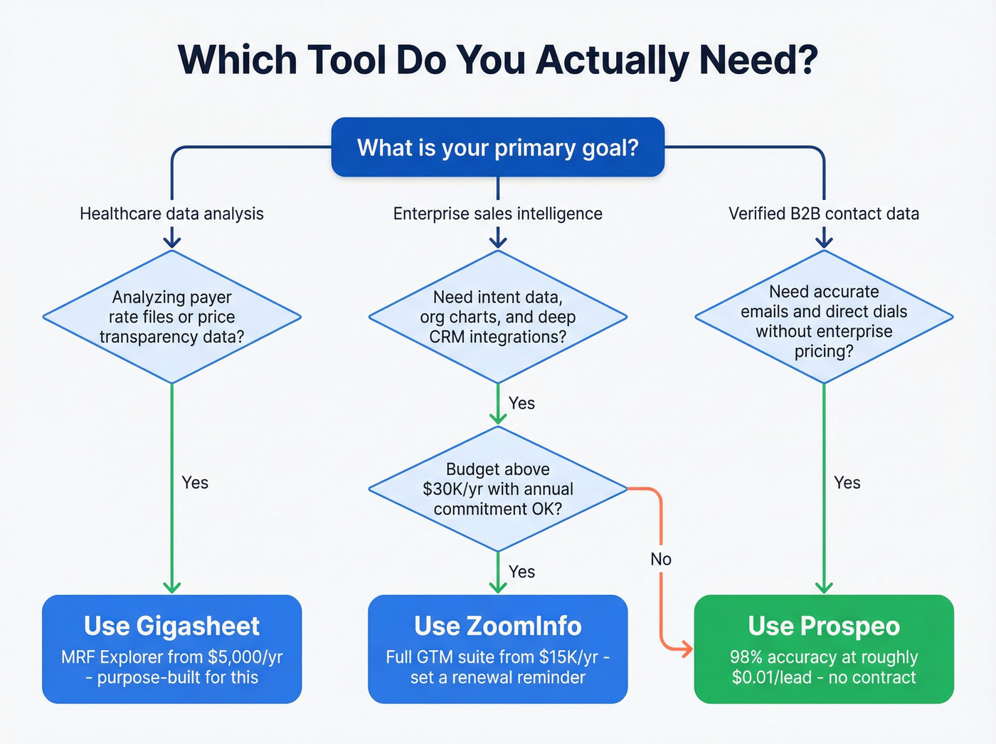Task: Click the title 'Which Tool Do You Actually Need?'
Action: [497, 60]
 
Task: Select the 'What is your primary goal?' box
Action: [497, 147]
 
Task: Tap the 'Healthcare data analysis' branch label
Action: [171, 214]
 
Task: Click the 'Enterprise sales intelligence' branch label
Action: [497, 214]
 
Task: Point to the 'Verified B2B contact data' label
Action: [823, 214]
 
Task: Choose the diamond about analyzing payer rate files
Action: [171, 317]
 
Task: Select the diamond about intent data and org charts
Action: [497, 317]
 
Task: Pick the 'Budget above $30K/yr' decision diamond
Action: [497, 489]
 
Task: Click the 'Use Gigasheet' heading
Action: [171, 626]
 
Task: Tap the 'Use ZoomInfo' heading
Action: [497, 626]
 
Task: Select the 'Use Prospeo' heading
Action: [823, 626]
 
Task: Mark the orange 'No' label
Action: [660, 559]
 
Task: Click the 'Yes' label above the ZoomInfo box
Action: [521, 572]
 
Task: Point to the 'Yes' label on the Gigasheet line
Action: [195, 483]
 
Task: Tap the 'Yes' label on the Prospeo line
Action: [847, 483]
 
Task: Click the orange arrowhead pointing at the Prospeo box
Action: [686, 649]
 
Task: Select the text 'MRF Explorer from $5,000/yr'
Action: [171, 657]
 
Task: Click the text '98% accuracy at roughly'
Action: [823, 657]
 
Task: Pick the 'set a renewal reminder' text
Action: [497, 677]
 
